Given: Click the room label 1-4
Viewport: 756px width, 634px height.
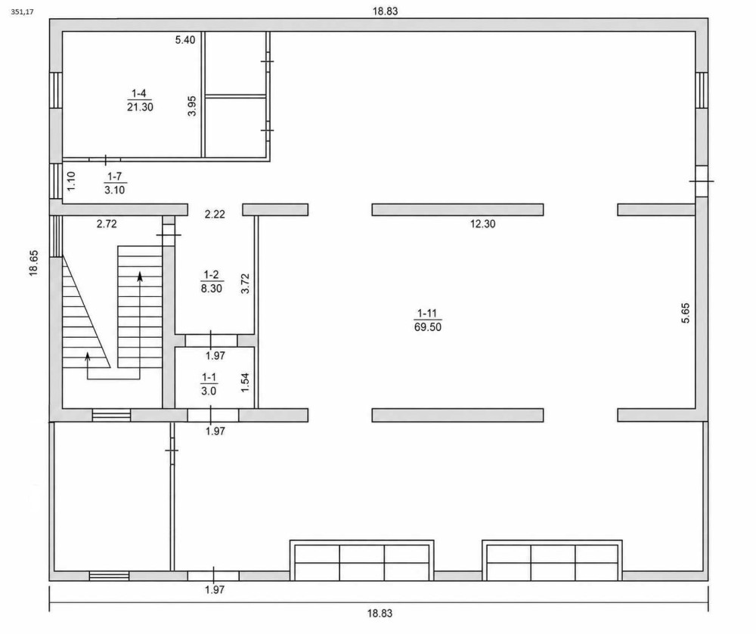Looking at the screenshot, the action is pos(140,93).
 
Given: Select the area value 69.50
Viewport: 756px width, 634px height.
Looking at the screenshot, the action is pos(428,327).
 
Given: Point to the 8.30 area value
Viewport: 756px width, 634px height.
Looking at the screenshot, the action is pos(211,289).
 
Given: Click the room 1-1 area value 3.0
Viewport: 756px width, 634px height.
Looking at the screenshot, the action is pos(209,391).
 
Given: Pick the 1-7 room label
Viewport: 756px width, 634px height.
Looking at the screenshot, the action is pos(115,177).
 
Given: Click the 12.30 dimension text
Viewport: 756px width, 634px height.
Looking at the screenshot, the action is pos(482,224).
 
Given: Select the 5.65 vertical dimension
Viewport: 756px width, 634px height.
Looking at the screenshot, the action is pos(686,313).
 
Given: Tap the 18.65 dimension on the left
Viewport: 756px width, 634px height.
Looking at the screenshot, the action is pos(33,264).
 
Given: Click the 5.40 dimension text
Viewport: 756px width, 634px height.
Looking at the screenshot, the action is pos(185,40).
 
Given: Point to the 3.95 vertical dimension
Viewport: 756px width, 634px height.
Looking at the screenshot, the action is pos(192,106).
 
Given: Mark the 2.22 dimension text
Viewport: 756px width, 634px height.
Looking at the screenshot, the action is pos(215,215).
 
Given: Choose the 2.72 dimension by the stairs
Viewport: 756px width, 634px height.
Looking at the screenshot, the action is pos(107,224).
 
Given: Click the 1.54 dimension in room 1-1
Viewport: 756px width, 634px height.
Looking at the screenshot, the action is pos(245,382).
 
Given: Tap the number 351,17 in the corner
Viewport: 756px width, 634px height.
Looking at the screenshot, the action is pos(22,12).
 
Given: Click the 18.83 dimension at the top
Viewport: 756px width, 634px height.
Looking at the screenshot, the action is pos(386,11).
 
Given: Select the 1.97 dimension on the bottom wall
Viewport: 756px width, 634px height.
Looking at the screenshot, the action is pos(215,589).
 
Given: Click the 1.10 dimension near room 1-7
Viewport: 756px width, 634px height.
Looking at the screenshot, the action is pos(71,181).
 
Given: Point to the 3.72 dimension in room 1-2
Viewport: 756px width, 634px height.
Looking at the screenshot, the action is pos(246,284).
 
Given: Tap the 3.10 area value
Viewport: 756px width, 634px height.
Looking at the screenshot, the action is pos(115,190).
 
